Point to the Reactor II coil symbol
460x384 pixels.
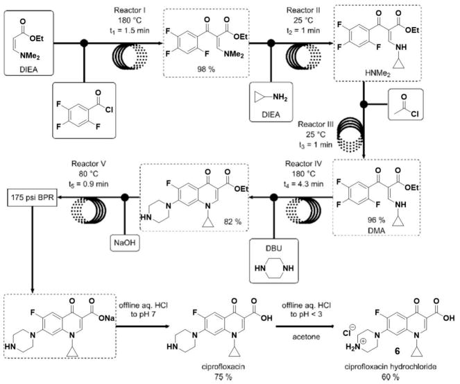click(x=284, y=52)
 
